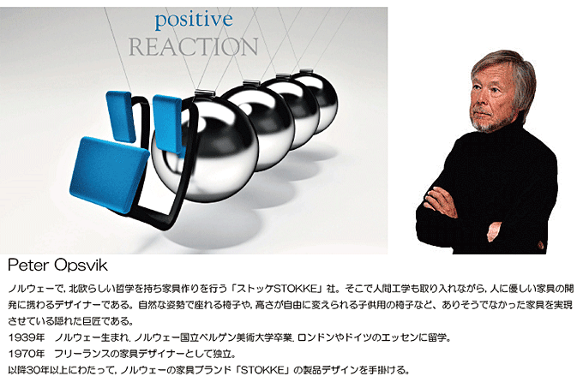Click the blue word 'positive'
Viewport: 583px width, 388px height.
pos(194,19)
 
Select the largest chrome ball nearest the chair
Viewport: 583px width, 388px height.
pos(204,141)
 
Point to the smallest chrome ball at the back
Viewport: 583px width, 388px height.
pos(315,93)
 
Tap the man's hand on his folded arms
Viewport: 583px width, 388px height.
pos(442,203)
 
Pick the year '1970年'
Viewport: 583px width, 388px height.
pos(24,354)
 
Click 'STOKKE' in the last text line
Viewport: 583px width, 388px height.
pos(276,371)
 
